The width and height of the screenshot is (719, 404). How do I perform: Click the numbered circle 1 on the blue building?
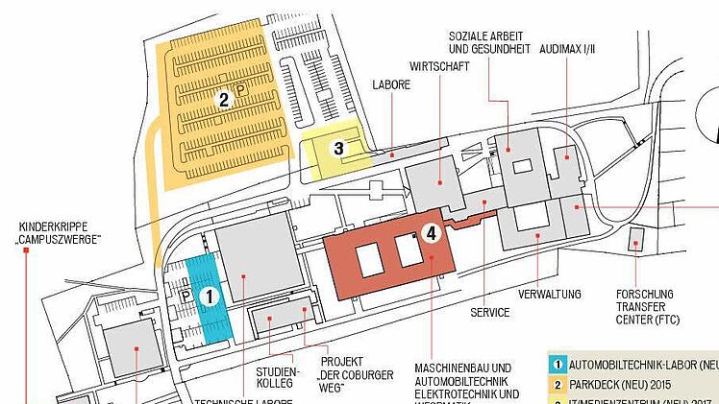click(210, 297)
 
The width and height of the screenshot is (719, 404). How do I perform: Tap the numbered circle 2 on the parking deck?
click(223, 99)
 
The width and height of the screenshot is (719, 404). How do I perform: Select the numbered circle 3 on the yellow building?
click(338, 148)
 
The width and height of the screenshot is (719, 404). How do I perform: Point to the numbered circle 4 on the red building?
click(432, 232)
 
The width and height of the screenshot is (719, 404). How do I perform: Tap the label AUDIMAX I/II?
click(567, 46)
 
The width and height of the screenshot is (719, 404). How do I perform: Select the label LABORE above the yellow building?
click(391, 85)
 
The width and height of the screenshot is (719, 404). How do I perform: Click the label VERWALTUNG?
click(550, 293)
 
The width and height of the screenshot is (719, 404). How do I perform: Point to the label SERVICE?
click(489, 313)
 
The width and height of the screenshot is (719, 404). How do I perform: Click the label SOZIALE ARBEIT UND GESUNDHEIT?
click(488, 44)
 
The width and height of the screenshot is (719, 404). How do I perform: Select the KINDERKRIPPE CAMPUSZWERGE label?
click(60, 232)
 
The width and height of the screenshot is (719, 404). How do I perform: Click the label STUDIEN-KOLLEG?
click(279, 377)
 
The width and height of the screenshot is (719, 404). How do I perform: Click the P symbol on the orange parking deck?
click(239, 86)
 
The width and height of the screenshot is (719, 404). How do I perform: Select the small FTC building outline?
click(636, 241)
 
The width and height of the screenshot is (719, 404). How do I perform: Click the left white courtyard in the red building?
click(369, 260)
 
